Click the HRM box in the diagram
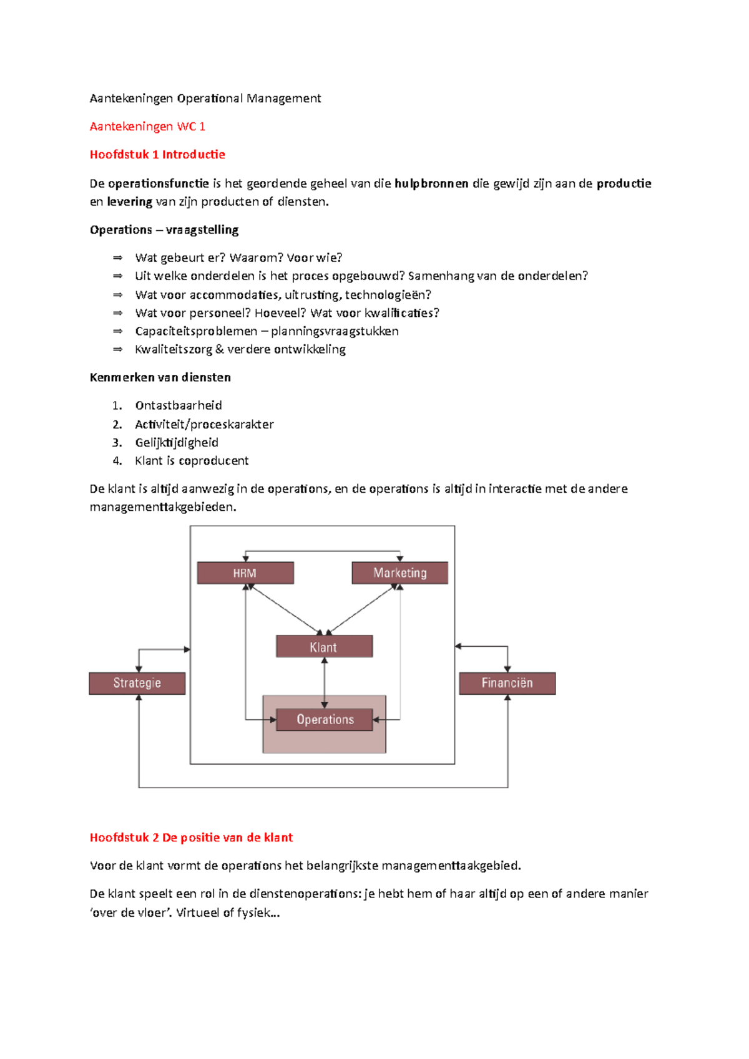(x=245, y=573)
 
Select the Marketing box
(x=399, y=573)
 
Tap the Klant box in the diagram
(x=324, y=647)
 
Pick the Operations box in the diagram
(x=325, y=720)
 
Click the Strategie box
(x=137, y=684)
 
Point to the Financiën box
(x=507, y=684)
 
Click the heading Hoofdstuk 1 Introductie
(x=157, y=155)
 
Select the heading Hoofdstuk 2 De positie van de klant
(x=191, y=838)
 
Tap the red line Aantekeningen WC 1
(x=147, y=127)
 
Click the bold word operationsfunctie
(x=158, y=183)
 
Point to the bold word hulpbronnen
(x=431, y=183)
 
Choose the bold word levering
(x=129, y=201)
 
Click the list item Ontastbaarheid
(x=179, y=405)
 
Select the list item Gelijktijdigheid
(x=177, y=442)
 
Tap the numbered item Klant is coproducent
(x=192, y=461)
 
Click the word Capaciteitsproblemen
(x=196, y=331)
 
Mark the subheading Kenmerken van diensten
(x=160, y=377)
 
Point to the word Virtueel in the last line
(x=198, y=913)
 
